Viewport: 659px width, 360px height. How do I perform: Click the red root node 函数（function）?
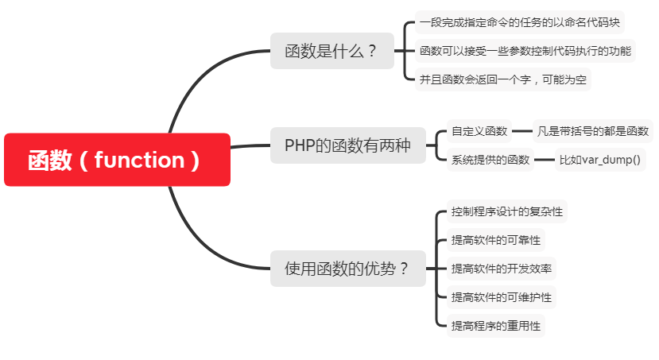pos(117,160)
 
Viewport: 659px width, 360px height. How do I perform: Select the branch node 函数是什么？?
pos(331,52)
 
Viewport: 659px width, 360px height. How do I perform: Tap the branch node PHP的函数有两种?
pos(347,145)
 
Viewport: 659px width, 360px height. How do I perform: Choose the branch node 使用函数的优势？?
pos(347,269)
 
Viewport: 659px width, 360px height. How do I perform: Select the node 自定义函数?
pos(479,131)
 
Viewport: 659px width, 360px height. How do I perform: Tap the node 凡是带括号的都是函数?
pos(592,131)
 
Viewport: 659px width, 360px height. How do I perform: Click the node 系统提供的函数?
pos(490,160)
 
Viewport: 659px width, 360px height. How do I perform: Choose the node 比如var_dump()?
pos(599,160)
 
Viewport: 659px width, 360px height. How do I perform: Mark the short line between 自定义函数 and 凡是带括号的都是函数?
pos(522,131)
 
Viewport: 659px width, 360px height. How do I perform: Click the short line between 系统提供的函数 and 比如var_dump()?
pos(544,160)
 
